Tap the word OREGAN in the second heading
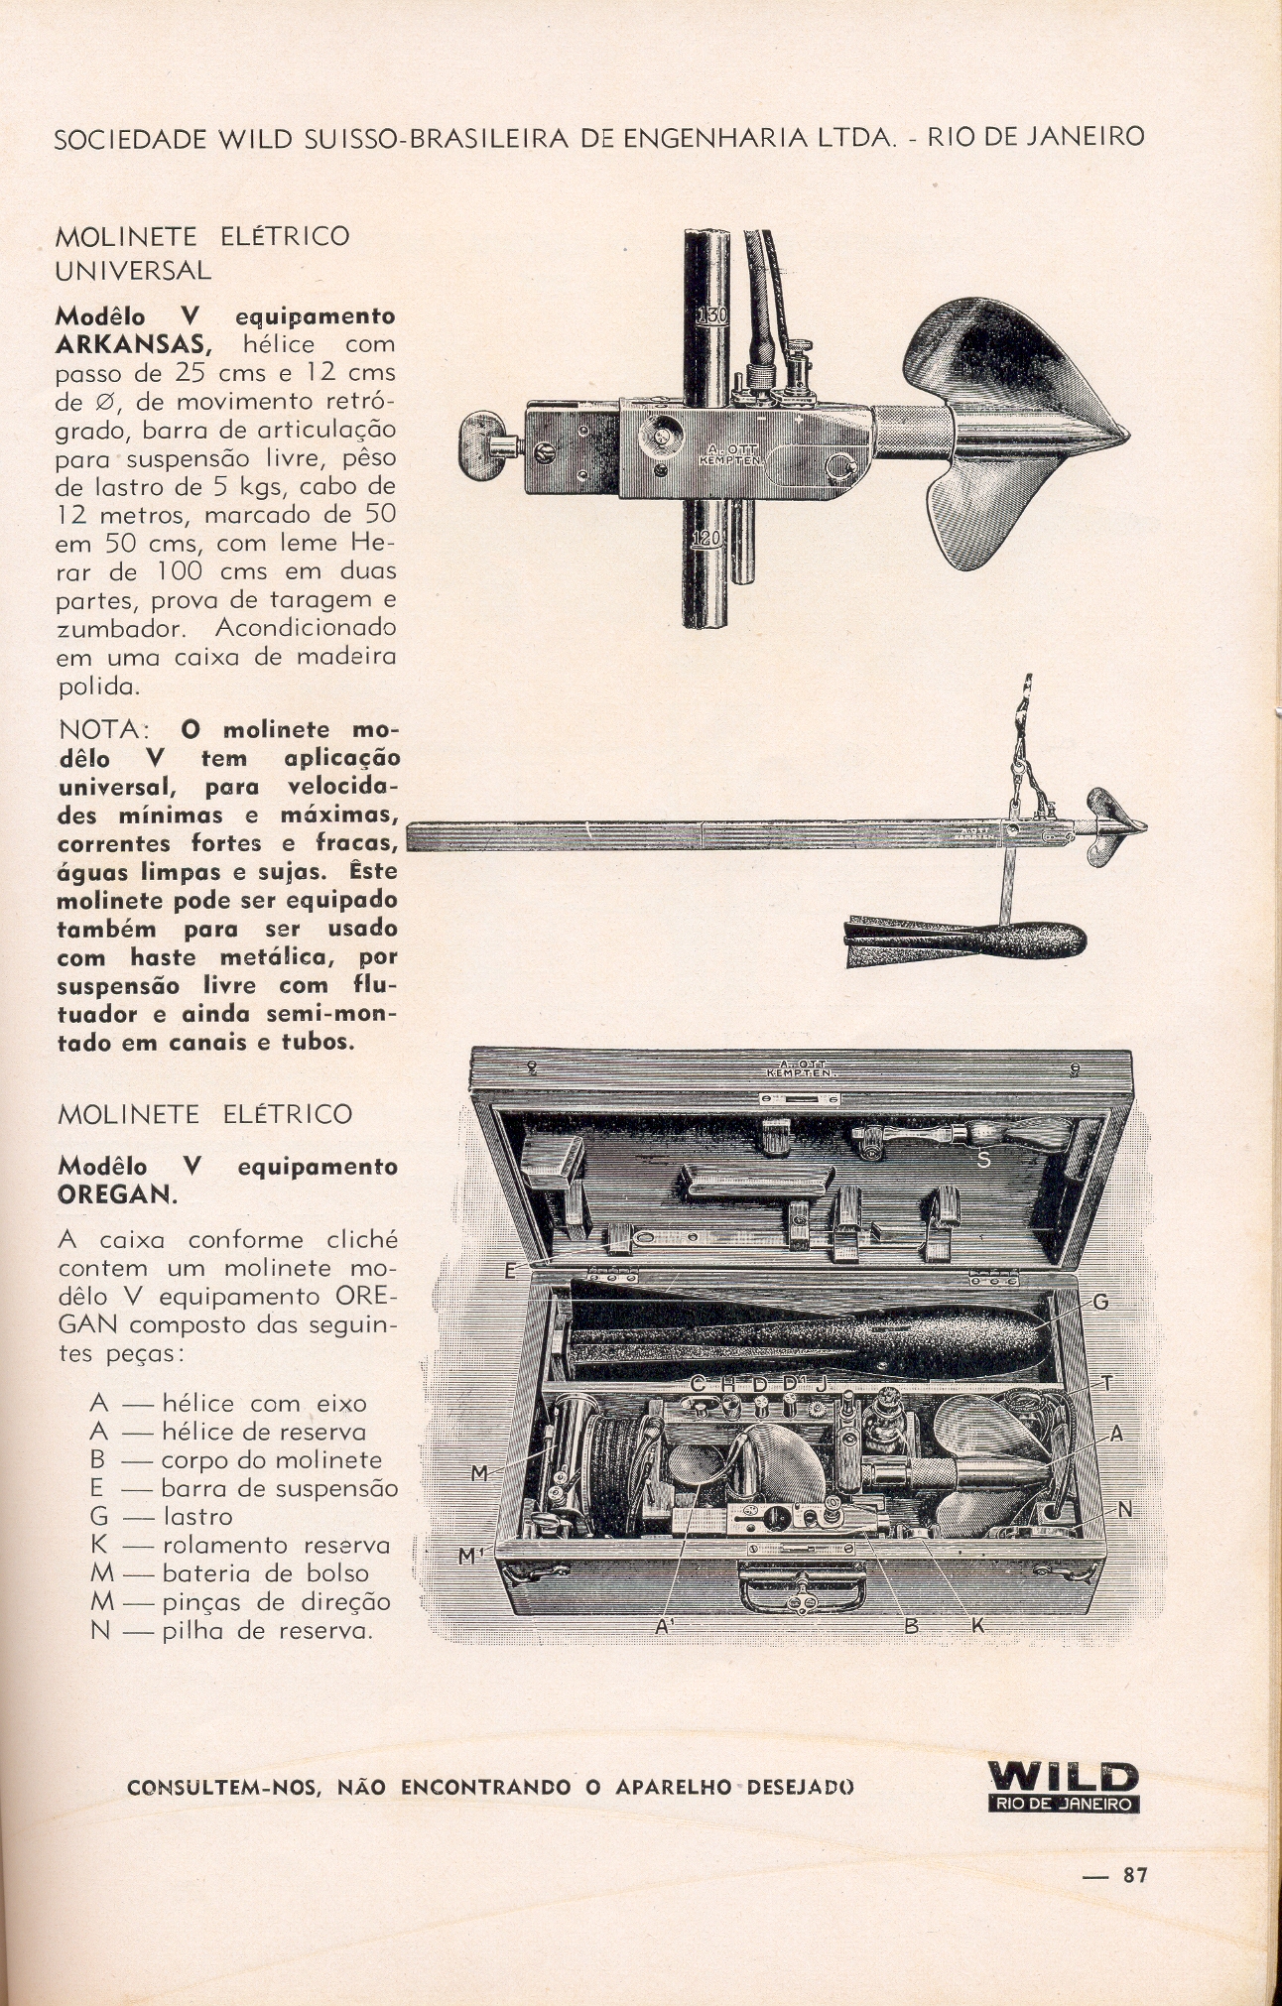coord(116,1194)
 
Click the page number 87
coord(1135,1875)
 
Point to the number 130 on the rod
coord(711,316)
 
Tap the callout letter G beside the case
coord(1099,1303)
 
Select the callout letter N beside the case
coord(1124,1510)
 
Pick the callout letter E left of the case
coord(511,1270)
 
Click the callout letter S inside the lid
coord(983,1158)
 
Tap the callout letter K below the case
coord(978,1626)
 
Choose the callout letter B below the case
coord(911,1626)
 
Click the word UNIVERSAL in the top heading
coord(133,270)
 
